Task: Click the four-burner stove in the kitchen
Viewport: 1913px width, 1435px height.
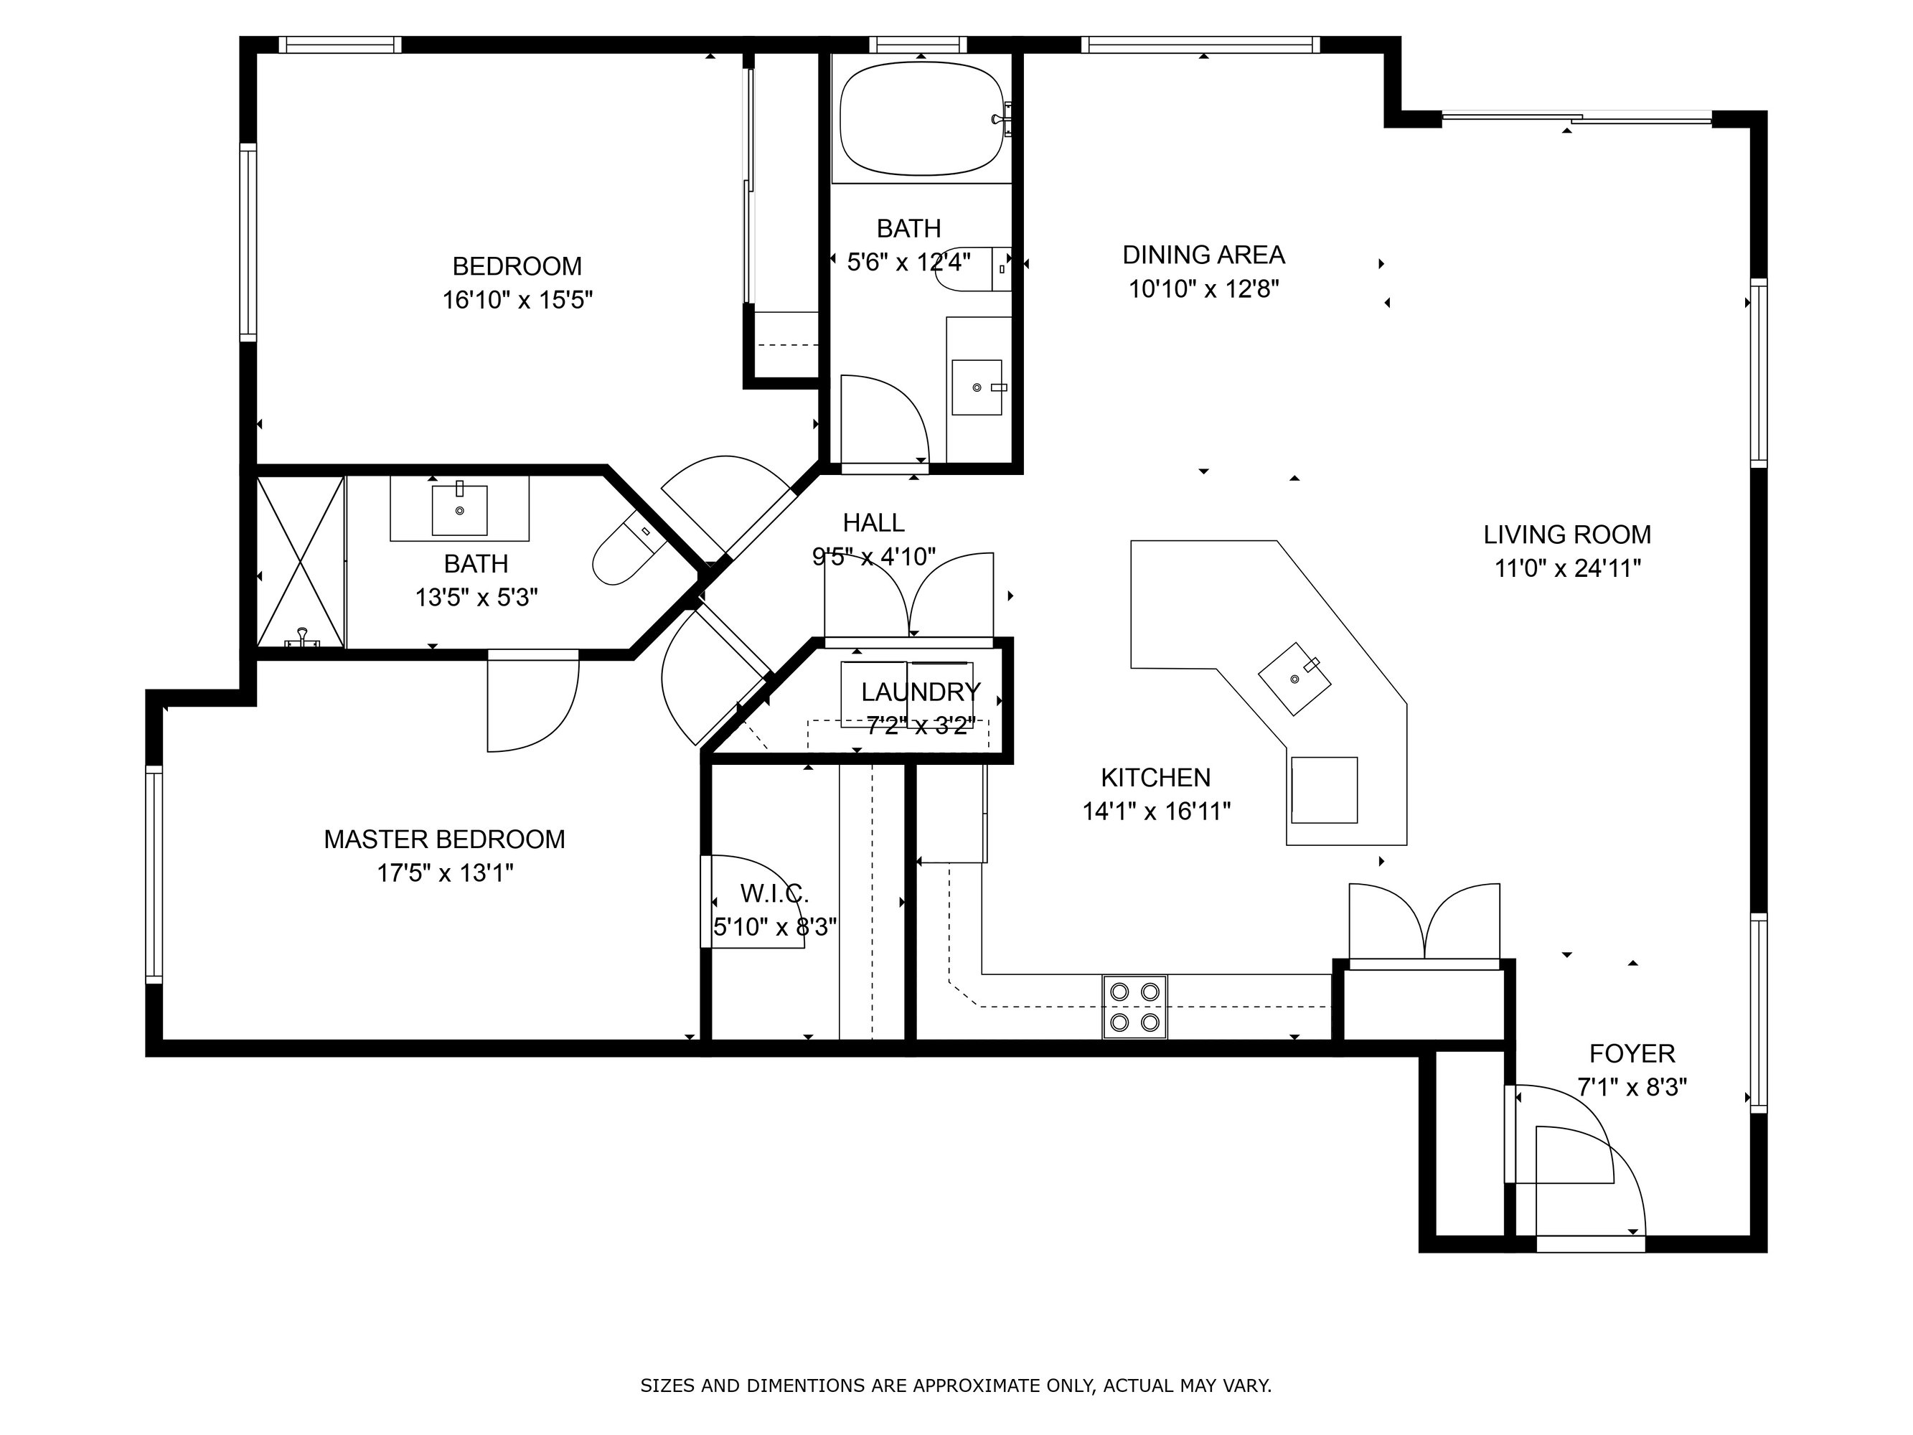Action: click(x=1134, y=1007)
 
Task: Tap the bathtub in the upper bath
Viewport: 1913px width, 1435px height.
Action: click(x=921, y=118)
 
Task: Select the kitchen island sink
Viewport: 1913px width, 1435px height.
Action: click(x=1294, y=678)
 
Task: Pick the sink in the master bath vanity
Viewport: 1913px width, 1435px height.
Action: click(x=459, y=510)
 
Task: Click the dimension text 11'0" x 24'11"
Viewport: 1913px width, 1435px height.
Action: click(x=1568, y=568)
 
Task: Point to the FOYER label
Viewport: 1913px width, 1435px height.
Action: click(x=1632, y=1053)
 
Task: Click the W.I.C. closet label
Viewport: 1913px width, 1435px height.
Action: click(x=774, y=893)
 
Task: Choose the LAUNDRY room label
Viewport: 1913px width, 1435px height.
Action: click(x=921, y=691)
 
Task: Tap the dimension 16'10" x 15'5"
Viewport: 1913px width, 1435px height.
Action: click(x=517, y=300)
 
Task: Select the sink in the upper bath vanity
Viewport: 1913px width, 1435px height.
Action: click(x=977, y=387)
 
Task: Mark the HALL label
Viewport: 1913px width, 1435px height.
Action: click(x=873, y=522)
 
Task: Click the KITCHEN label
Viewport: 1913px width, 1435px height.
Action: click(x=1155, y=778)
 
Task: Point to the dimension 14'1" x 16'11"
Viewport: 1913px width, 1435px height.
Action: click(x=1156, y=811)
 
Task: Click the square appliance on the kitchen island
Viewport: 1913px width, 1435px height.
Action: click(x=1324, y=790)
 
